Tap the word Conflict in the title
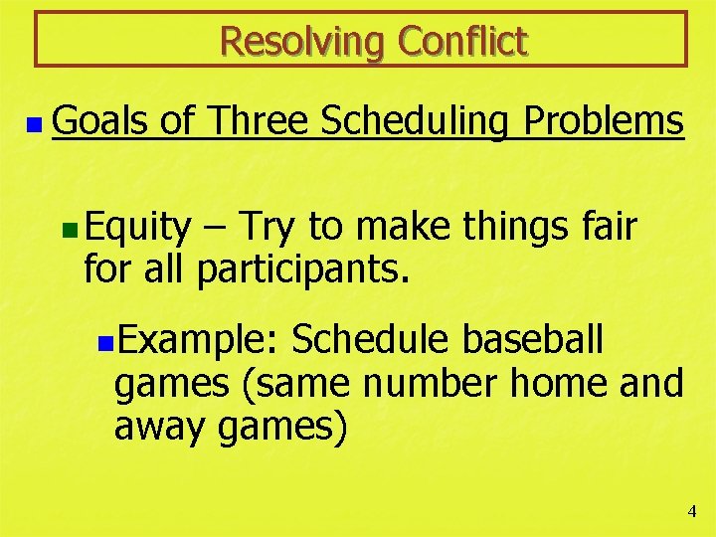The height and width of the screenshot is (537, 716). pos(462,42)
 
